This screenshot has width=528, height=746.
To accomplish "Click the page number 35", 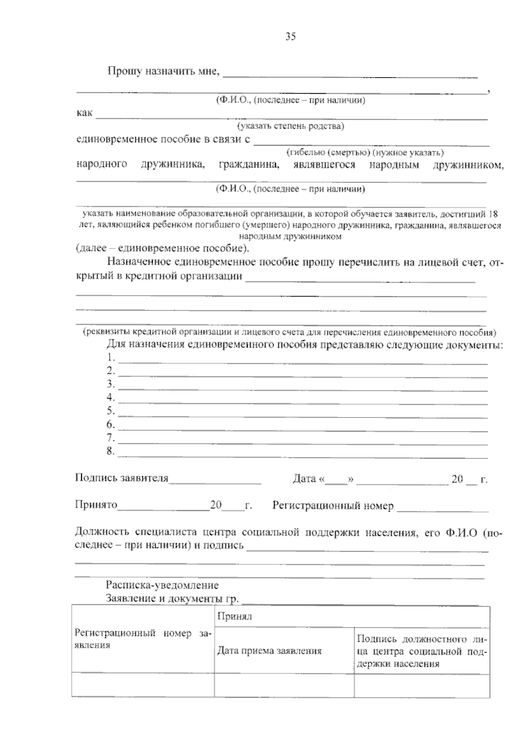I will pyautogui.click(x=290, y=37).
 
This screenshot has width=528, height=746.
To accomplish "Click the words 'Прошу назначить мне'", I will pyautogui.click(x=163, y=71).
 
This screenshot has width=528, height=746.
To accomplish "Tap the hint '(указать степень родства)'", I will pyautogui.click(x=291, y=127).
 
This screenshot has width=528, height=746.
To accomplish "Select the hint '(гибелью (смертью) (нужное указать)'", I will pyautogui.click(x=365, y=153).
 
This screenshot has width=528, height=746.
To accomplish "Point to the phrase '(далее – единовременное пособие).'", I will pyautogui.click(x=162, y=248).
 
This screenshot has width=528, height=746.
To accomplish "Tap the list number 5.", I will pyautogui.click(x=110, y=411).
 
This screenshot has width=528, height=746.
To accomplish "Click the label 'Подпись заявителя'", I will pyautogui.click(x=122, y=478).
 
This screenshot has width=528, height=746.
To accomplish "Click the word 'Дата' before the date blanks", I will pyautogui.click(x=304, y=479).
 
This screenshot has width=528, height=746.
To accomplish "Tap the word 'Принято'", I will pyautogui.click(x=96, y=505).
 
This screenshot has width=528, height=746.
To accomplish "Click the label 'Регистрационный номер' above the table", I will pyautogui.click(x=333, y=506).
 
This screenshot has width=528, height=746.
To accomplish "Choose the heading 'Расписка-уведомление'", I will pyautogui.click(x=162, y=585).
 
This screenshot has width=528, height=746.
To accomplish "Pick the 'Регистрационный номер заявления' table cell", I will pyautogui.click(x=143, y=639).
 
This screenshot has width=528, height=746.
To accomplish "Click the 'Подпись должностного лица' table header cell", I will pyautogui.click(x=422, y=651).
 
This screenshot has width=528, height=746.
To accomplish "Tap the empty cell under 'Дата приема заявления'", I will pyautogui.click(x=284, y=685).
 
